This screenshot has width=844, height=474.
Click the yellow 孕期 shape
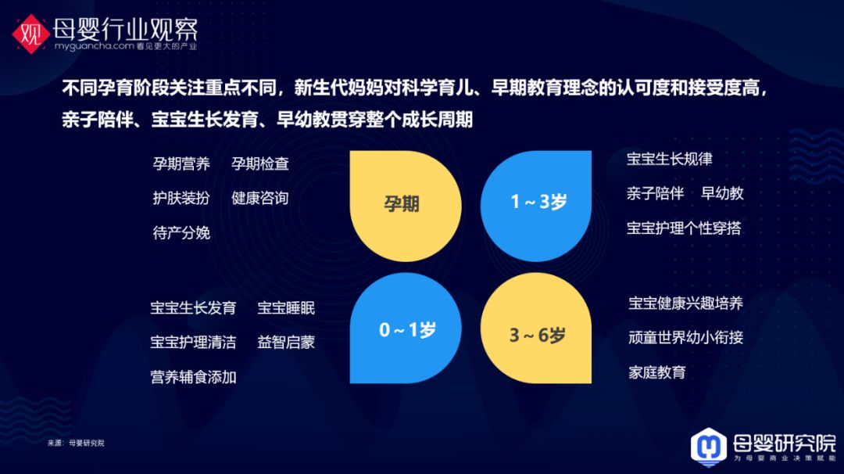[406, 206]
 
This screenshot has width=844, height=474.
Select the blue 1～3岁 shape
[536, 206]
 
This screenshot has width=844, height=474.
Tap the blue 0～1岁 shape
[406, 328]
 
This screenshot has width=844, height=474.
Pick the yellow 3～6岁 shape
[536, 328]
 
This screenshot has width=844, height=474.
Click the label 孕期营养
[181, 163]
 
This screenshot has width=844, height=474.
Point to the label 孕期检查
[260, 163]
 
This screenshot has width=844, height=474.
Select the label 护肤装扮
[181, 198]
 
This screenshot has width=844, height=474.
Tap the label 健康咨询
[260, 198]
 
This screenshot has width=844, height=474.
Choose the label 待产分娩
[181, 232]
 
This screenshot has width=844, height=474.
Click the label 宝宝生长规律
[670, 159]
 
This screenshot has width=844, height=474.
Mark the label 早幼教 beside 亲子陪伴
[722, 193]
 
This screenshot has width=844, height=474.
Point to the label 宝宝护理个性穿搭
[684, 228]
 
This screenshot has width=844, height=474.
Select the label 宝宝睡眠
[286, 308]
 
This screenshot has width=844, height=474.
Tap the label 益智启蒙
[286, 343]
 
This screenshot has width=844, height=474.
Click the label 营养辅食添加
[193, 377]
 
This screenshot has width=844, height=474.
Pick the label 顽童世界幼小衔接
[686, 338]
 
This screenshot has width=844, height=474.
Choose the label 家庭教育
[657, 372]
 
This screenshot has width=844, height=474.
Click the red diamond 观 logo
[31, 34]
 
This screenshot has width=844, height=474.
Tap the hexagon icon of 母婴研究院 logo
[708, 447]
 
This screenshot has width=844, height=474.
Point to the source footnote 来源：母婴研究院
[76, 443]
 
